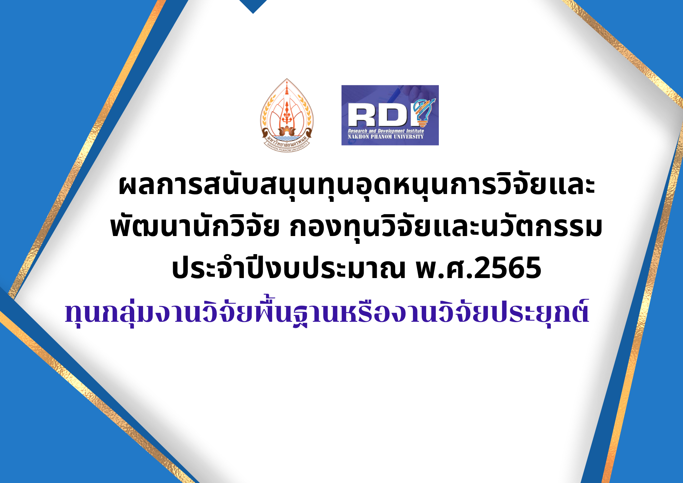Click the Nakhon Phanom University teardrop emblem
(x=287, y=115)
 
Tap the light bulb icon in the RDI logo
(x=423, y=111)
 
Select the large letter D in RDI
(x=393, y=115)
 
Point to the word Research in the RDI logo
(x=358, y=131)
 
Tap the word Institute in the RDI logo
(x=415, y=131)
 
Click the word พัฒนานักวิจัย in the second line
(x=195, y=226)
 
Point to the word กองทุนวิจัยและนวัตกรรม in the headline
(x=446, y=226)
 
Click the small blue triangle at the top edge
(x=253, y=6)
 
